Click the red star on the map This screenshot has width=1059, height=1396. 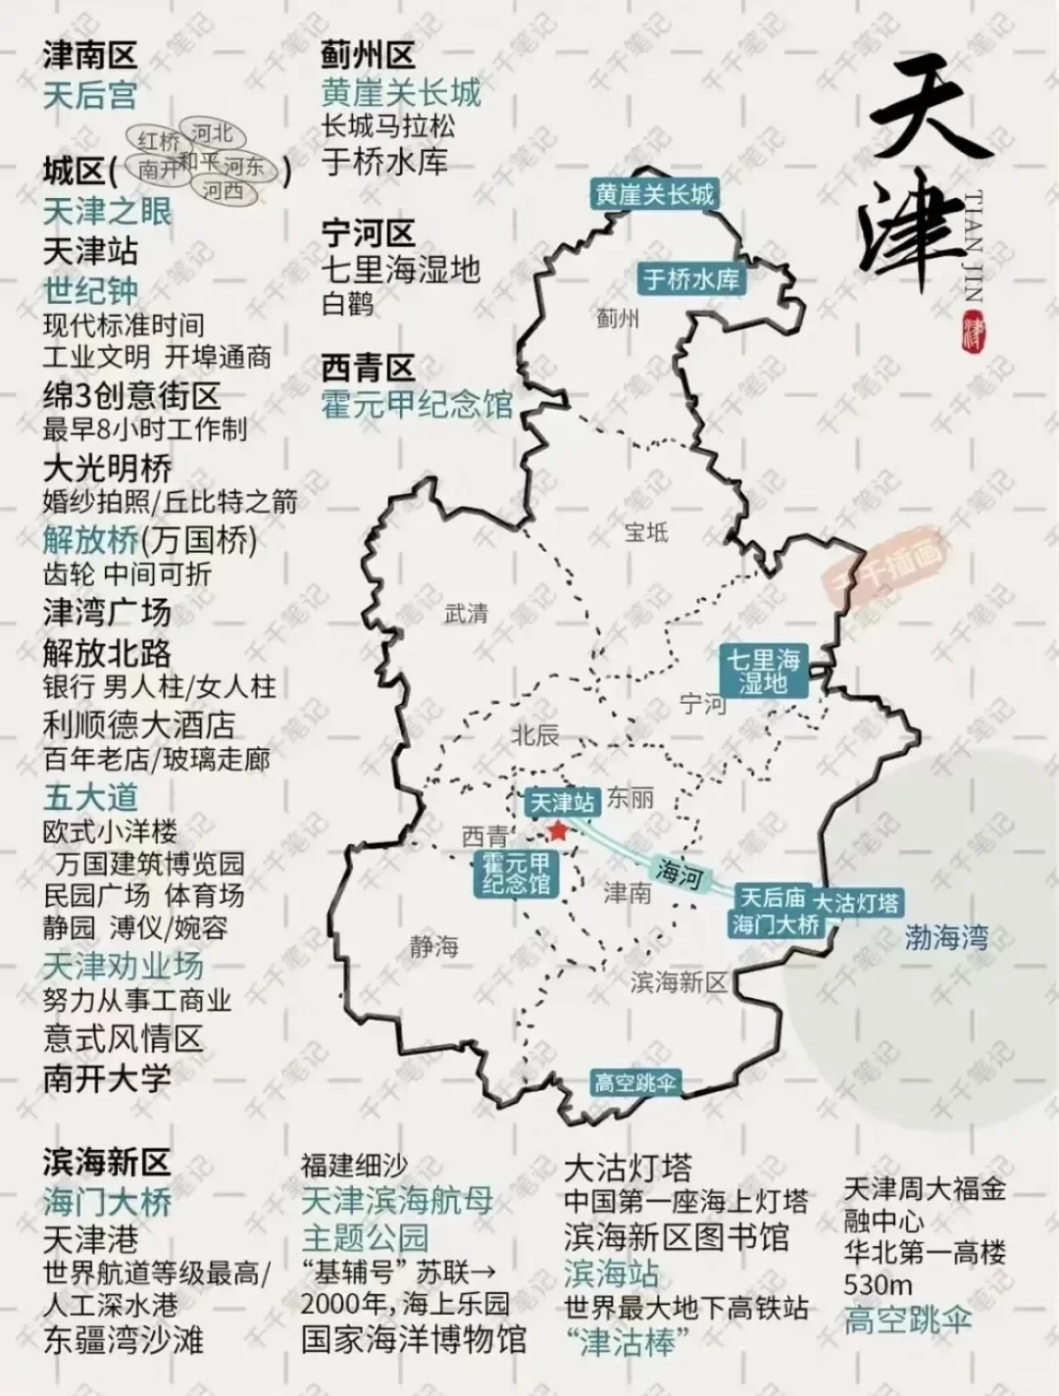click(x=558, y=832)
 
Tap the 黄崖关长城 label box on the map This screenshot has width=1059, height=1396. click(x=654, y=194)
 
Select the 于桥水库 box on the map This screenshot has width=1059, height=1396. click(x=691, y=279)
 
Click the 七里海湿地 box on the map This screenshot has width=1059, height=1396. click(x=763, y=671)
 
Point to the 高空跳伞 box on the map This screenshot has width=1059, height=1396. click(x=635, y=1083)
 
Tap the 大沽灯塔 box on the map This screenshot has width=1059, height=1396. click(x=856, y=902)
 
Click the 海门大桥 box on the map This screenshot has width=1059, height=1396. click(x=775, y=923)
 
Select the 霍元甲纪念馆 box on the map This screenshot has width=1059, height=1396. click(x=516, y=872)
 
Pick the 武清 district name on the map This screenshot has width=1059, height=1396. click(x=466, y=614)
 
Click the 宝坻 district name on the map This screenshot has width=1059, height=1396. click(x=646, y=532)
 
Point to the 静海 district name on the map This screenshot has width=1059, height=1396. click(x=434, y=946)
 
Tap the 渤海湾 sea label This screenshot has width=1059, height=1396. click(x=946, y=938)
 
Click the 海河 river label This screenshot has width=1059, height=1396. click(x=678, y=872)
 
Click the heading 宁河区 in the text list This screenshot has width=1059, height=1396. click(x=369, y=233)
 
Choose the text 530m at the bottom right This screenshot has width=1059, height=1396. click(x=878, y=1284)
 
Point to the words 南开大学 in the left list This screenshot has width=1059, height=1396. click(x=107, y=1078)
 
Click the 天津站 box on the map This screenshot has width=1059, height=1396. click(x=562, y=803)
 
